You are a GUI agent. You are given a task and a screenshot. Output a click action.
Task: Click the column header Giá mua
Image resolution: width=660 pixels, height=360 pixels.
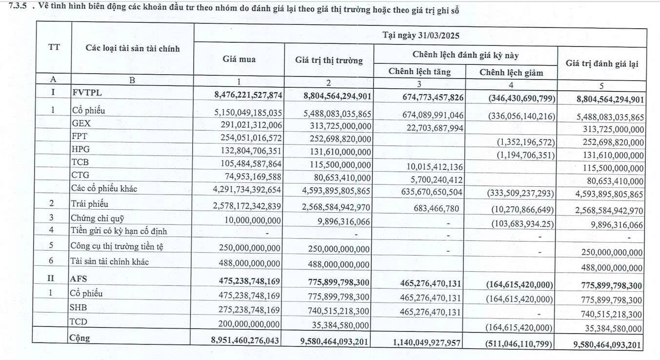tap(239, 59)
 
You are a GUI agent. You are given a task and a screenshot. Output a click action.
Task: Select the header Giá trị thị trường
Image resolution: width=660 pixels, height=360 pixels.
tap(329, 60)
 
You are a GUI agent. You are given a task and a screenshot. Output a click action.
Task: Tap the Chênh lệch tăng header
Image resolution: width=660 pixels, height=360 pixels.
tap(420, 72)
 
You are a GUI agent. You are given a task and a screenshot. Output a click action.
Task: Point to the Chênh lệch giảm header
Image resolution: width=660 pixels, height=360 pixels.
tap(511, 73)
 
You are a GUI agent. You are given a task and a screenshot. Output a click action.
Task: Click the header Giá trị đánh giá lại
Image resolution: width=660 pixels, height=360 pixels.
tap(601, 63)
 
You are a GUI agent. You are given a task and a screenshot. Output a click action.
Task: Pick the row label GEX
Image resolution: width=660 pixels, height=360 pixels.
tap(81, 123)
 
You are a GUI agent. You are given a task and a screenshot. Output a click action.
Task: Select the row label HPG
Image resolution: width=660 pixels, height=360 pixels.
tap(81, 149)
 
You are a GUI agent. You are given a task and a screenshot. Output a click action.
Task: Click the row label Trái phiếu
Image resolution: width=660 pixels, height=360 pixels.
tap(89, 203)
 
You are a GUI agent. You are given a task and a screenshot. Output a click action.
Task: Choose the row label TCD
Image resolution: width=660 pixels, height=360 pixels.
tap(80, 322)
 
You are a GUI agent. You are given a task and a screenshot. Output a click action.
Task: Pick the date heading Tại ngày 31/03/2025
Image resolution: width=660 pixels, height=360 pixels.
tap(420, 36)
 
